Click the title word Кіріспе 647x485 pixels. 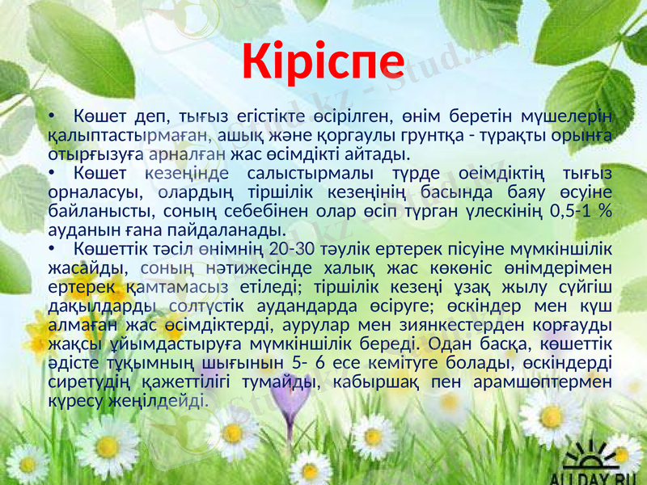(x=324, y=61)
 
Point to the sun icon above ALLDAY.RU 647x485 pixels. (x=598, y=449)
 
